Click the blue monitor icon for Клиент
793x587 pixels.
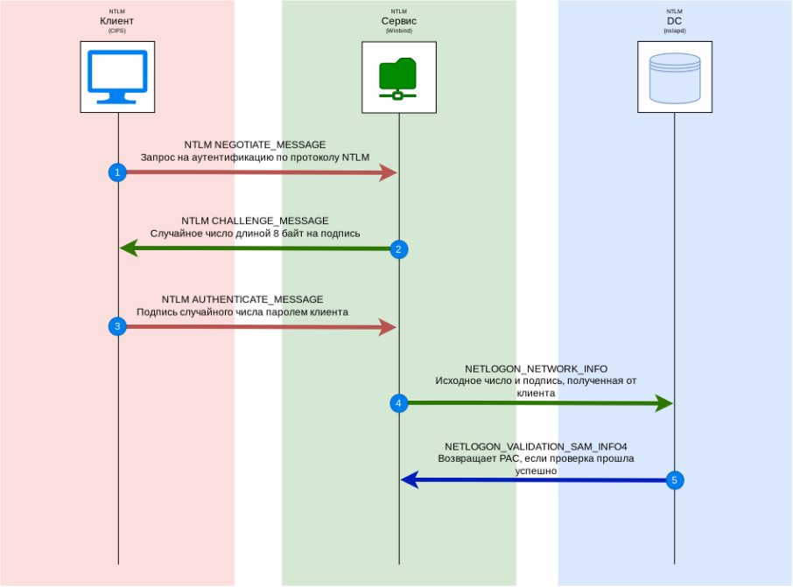(117, 77)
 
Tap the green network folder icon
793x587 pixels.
(398, 77)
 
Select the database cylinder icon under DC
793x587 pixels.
(675, 77)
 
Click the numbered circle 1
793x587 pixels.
(117, 172)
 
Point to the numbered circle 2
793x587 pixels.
(398, 249)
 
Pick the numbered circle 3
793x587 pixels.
(117, 326)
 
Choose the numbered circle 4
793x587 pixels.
(398, 403)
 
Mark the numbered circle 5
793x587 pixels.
(674, 479)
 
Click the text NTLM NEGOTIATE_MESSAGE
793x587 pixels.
(255, 144)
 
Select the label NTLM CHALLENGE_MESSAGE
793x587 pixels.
(255, 220)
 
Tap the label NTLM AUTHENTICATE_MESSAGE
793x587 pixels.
(242, 299)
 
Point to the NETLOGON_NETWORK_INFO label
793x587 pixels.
(536, 369)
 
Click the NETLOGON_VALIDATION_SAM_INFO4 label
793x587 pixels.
(536, 445)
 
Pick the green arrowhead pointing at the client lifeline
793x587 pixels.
(128, 249)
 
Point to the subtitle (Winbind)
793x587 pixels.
(399, 30)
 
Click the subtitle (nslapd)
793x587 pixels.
(674, 30)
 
